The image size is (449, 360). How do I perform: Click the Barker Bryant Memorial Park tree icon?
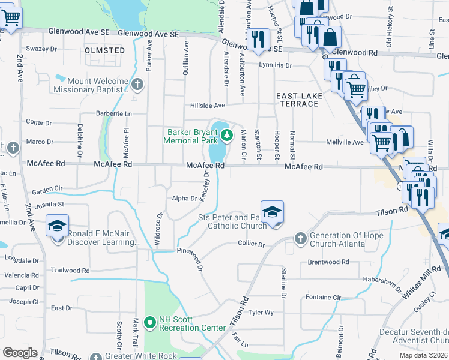[226, 136]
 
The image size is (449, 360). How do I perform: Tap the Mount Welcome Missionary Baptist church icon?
[138, 83]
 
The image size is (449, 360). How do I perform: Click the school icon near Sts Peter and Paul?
[272, 212]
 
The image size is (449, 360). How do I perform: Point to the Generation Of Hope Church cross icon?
[300, 238]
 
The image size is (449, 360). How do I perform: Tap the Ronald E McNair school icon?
[58, 227]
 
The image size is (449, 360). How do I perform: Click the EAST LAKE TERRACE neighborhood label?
[298, 100]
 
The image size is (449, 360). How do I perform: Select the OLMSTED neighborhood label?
[105, 50]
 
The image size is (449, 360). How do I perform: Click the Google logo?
[20, 353]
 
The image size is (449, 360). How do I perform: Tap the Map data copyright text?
[423, 355]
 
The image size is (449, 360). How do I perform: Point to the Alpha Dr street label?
[185, 198]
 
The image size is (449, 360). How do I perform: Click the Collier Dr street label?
[252, 244]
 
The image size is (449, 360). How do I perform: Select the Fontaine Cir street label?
[323, 297]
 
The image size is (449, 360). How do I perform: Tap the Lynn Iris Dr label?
[275, 65]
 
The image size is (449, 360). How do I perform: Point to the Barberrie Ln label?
[113, 113]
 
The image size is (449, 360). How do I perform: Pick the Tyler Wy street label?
[261, 313]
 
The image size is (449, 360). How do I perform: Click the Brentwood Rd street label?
[328, 262]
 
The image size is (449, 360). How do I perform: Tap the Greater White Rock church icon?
[96, 356]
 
